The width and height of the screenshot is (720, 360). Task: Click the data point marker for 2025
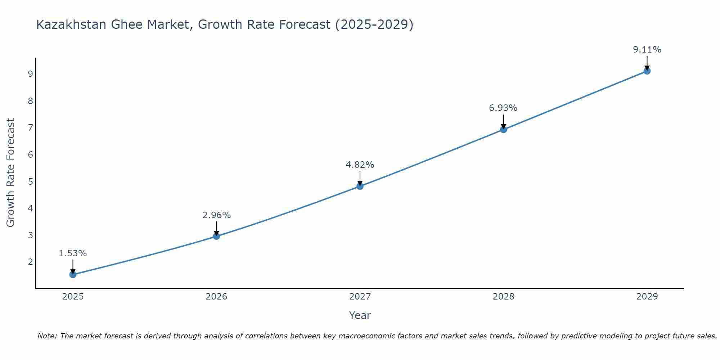pos(73,275)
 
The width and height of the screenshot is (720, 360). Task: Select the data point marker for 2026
pos(216,236)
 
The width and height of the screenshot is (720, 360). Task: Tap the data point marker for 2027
pos(360,186)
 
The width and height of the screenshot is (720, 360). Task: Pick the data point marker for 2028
pos(503,130)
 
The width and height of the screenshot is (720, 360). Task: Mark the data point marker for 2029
pos(647,71)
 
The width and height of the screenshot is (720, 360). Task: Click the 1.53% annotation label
pos(73,253)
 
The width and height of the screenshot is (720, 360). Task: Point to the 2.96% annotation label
pos(216,215)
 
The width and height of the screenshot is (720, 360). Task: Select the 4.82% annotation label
pos(360,165)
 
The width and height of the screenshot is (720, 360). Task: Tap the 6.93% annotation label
pos(503,108)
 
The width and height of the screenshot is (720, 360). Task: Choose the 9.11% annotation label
pos(647,50)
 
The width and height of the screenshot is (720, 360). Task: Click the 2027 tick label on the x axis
pos(360,297)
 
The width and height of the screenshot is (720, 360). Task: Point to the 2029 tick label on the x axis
pos(647,297)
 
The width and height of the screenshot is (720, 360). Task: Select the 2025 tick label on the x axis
pos(73,297)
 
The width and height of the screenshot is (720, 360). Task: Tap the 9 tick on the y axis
pos(30,74)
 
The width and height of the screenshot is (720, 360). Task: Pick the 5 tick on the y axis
pos(30,181)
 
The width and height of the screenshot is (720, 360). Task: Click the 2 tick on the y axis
pos(30,262)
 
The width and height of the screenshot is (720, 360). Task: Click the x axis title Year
pos(360,315)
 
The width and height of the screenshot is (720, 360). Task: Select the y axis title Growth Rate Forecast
pos(11,173)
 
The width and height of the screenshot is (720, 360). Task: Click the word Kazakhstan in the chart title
pos(71,24)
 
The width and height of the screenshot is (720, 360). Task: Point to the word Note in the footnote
pos(47,336)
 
